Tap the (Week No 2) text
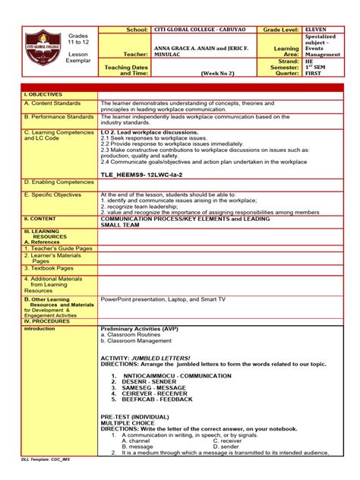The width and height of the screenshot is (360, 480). [x=216, y=74]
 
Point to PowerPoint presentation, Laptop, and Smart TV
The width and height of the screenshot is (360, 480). [x=163, y=299]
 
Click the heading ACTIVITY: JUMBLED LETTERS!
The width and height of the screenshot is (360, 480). [x=146, y=358]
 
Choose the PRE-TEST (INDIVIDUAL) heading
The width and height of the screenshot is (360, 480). [x=137, y=418]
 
